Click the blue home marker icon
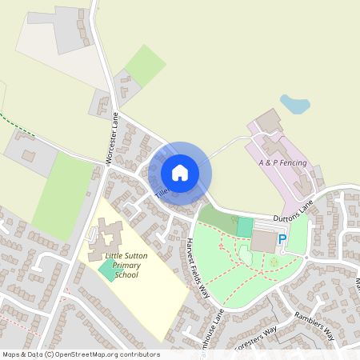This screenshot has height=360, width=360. [x=179, y=173]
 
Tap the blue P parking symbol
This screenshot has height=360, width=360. [x=282, y=238]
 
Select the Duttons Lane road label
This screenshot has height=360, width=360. [x=294, y=210]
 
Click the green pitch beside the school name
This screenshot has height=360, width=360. [x=106, y=270]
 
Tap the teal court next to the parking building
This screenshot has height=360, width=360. [x=244, y=226]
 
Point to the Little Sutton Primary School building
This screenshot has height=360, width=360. [x=110, y=235]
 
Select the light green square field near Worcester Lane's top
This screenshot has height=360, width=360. [x=146, y=65]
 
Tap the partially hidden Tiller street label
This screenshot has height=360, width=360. [x=160, y=194]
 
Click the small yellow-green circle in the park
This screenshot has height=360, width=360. [x=274, y=262]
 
